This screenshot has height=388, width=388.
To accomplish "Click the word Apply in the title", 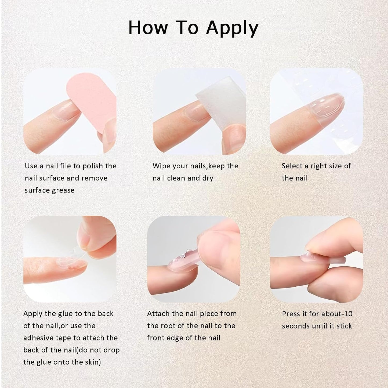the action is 232,28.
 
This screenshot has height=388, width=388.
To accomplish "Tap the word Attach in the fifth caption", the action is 158,314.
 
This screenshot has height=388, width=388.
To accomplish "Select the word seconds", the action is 295,326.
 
